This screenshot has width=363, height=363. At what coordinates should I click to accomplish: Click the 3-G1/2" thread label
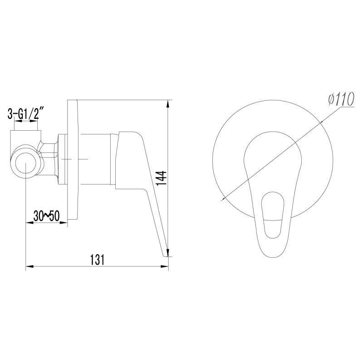[x=26, y=113]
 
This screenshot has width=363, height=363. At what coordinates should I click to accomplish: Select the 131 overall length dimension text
[x=97, y=259]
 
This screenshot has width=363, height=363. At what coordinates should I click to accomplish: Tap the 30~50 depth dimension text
[x=46, y=216]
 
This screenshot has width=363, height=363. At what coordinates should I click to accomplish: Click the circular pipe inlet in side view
[x=26, y=162]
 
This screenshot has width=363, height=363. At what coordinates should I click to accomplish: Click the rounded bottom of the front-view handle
[x=272, y=254]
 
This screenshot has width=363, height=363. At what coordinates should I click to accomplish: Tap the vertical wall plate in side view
[x=73, y=159]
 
